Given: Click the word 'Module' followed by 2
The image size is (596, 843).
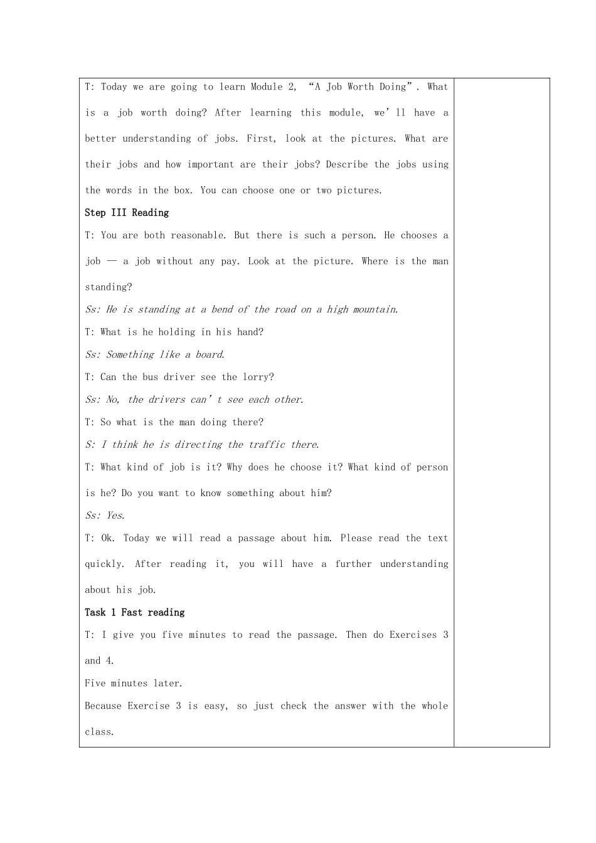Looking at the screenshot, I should (x=267, y=87).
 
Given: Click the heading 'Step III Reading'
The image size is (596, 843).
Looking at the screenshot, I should (x=127, y=213).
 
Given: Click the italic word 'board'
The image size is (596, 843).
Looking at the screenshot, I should (x=210, y=354).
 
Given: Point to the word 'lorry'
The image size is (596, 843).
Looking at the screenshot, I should (x=258, y=377).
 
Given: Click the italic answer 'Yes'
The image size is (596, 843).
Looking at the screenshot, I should (x=115, y=516).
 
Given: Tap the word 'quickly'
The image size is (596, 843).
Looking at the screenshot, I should (x=105, y=564).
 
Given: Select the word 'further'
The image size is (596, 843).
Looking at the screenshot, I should (x=353, y=564).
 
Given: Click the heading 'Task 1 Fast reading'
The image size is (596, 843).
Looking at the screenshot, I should (x=135, y=612).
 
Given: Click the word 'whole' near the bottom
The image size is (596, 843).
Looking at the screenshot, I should (x=435, y=706).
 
